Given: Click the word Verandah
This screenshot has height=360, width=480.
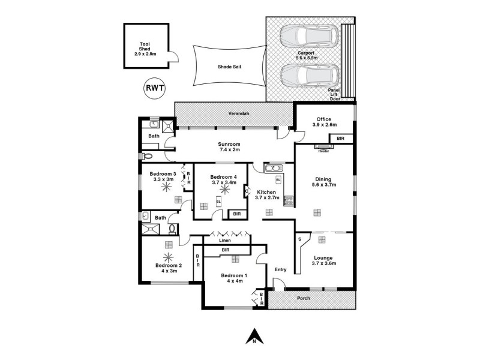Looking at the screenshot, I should (x=238, y=114).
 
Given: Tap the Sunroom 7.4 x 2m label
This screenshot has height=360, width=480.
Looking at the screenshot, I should (x=229, y=147).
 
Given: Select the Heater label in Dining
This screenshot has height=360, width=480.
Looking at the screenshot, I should (x=323, y=151).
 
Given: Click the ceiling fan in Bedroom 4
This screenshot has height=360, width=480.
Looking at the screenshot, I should (x=224, y=188).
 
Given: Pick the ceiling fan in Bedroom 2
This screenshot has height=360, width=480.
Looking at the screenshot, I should (x=167, y=256).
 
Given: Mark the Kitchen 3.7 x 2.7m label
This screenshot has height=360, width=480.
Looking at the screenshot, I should (x=268, y=195).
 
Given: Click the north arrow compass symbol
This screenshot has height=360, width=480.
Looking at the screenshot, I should (x=254, y=337).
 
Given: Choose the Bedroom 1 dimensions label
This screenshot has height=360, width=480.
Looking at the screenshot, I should (x=235, y=281).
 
